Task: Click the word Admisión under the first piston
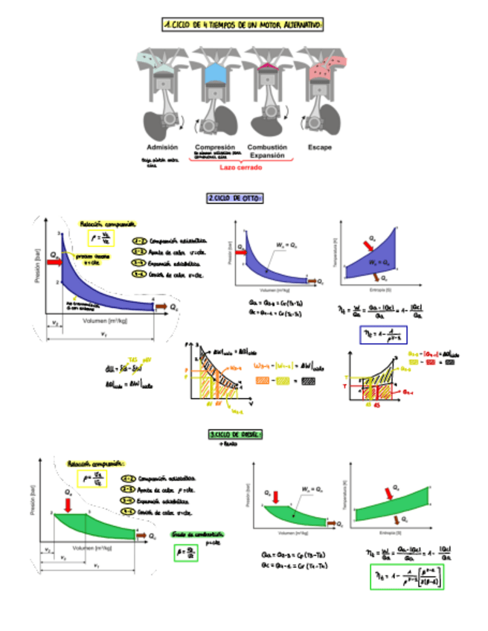click(161, 147)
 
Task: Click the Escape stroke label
click(320, 147)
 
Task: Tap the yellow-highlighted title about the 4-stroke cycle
click(243, 26)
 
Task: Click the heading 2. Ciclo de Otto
click(235, 199)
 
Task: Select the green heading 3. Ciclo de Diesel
click(235, 434)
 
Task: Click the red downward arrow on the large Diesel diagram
click(68, 505)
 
